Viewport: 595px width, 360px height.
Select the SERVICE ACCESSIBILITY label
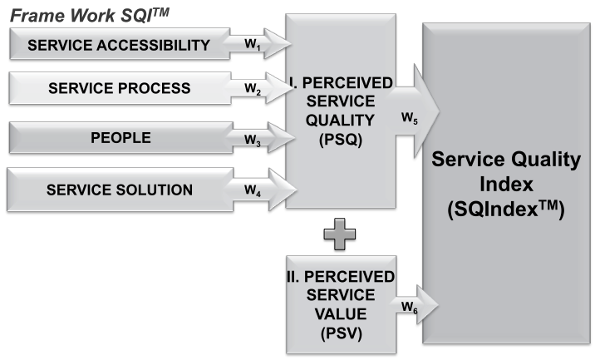click(118, 46)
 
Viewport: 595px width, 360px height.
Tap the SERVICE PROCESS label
click(120, 88)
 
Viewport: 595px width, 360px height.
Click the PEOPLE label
click(120, 138)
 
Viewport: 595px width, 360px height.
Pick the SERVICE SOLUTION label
click(120, 190)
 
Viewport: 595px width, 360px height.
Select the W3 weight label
click(253, 140)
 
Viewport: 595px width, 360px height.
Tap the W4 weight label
click(253, 190)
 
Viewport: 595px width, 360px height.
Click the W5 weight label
click(410, 119)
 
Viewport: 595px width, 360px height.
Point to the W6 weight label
click(409, 308)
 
